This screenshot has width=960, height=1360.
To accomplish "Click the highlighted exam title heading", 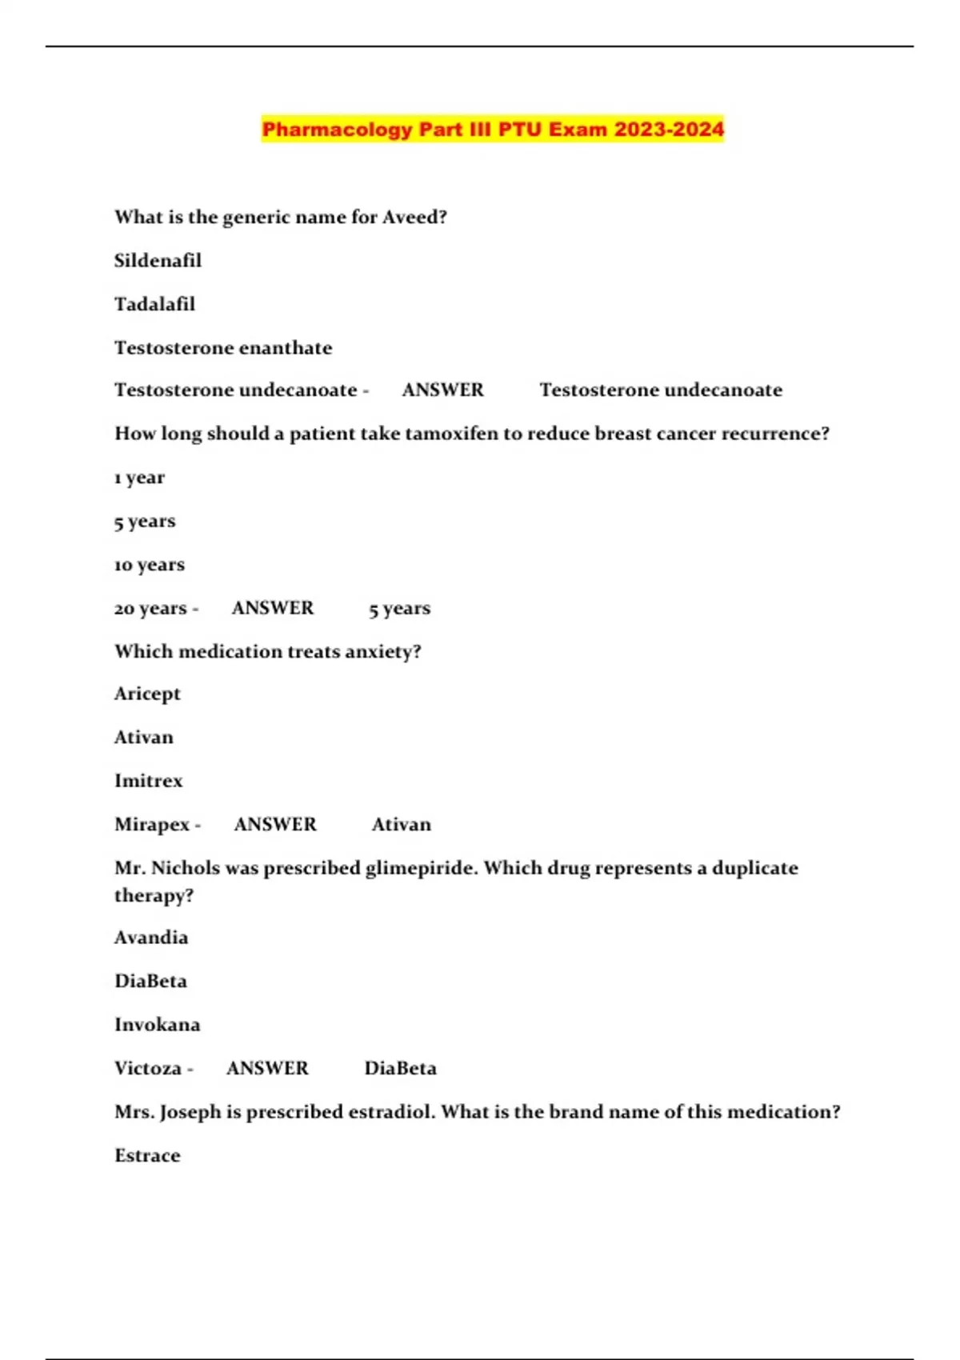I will (493, 129).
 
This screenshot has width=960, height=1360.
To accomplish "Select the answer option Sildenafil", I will (158, 261).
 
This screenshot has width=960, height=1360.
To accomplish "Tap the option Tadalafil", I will (154, 304).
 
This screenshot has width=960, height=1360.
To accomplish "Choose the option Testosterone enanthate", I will (222, 348).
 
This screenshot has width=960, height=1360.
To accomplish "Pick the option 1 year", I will (139, 478).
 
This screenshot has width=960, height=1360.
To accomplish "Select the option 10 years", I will (150, 565).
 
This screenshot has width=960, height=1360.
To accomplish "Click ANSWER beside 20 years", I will (273, 608).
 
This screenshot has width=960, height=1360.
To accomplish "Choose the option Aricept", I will (147, 694).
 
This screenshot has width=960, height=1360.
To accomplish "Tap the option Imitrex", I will (148, 781).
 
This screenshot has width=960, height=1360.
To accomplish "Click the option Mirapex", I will (152, 825).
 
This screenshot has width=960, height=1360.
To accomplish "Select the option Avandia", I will (151, 938).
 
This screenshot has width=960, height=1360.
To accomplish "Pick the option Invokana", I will (157, 1025).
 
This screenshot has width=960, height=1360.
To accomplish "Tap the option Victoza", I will (148, 1069).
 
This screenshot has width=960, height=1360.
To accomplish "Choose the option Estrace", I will (147, 1156).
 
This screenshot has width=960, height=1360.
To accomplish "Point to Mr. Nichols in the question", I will (166, 868).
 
